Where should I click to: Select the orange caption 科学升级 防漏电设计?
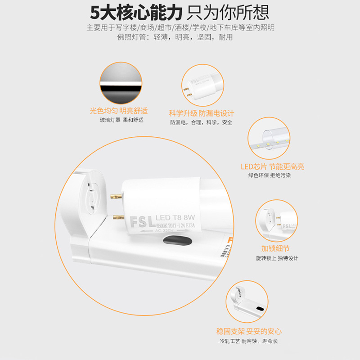click(201, 113)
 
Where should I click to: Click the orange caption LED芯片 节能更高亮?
click(272, 166)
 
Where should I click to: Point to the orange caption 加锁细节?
click(275, 248)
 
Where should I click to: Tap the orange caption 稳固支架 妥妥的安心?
click(249, 331)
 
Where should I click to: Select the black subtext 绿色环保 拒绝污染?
click(270, 175)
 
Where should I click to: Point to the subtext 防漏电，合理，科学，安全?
click(201, 122)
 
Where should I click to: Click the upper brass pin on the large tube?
click(116, 196)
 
